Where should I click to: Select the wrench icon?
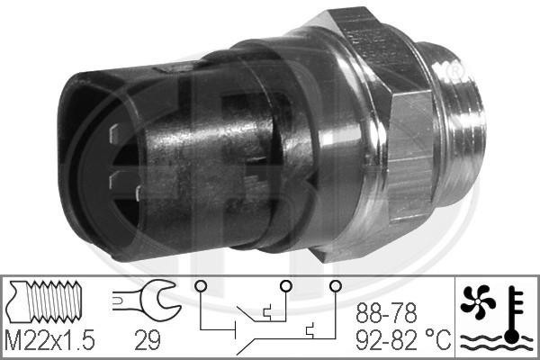(x=144, y=300)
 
